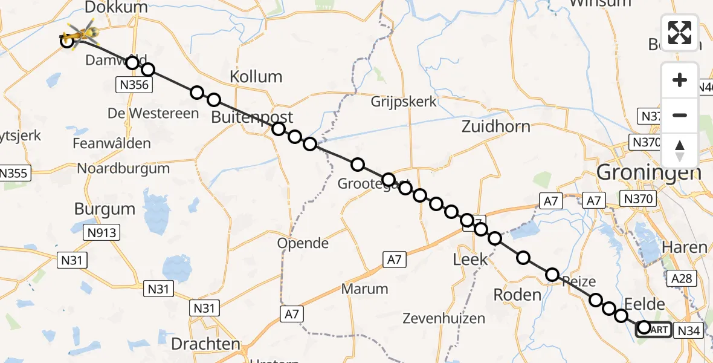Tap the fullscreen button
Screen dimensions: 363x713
tap(680, 33)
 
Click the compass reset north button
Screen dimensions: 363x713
tap(680, 151)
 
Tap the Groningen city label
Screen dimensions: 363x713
tap(648, 173)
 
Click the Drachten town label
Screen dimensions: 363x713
tap(205, 344)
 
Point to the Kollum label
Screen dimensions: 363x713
tap(256, 77)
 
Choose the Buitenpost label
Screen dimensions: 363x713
tap(252, 117)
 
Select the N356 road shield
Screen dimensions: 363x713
tap(134, 85)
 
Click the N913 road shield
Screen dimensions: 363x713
tap(102, 232)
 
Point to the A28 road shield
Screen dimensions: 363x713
tap(682, 278)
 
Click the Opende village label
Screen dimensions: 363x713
tap(303, 243)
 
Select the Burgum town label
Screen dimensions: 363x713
tap(105, 209)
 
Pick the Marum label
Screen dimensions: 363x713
tap(364, 289)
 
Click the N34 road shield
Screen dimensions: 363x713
tap(688, 330)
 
